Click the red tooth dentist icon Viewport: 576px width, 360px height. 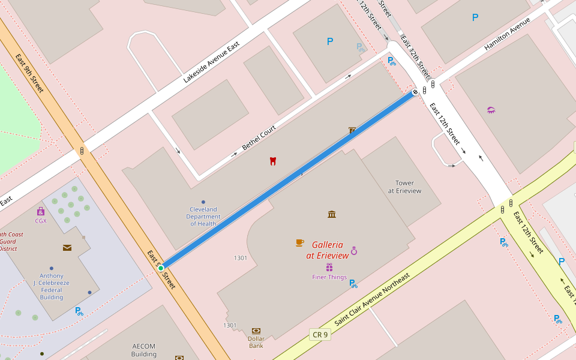[272, 161]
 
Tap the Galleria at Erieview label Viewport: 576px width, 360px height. [327, 250]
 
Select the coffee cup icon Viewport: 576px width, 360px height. [299, 242]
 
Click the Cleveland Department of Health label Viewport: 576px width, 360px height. [203, 216]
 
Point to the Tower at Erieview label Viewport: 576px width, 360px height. [404, 187]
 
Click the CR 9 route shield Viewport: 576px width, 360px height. [320, 334]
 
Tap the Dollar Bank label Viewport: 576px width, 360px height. [256, 342]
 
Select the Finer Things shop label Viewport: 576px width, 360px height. [329, 277]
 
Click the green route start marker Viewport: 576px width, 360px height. [161, 268]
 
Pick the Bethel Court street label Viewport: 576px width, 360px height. [259, 138]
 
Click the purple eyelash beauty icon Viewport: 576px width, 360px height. [491, 110]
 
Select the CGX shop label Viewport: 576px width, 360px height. [41, 221]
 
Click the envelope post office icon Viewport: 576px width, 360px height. [67, 247]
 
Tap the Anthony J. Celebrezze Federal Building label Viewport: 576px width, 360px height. [52, 286]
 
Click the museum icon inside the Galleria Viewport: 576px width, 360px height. [332, 214]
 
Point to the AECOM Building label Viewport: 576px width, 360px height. [144, 350]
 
